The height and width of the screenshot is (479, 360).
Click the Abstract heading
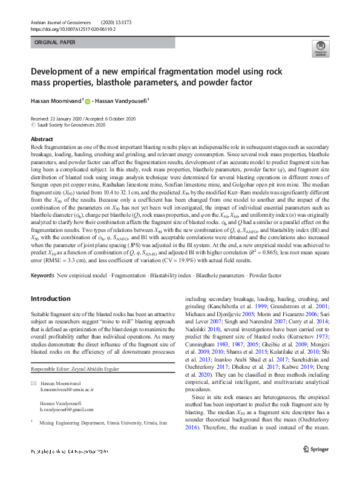(x=42, y=139)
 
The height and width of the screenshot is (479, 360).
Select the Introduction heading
(x=50, y=299)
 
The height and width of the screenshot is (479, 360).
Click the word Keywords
(x=42, y=276)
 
